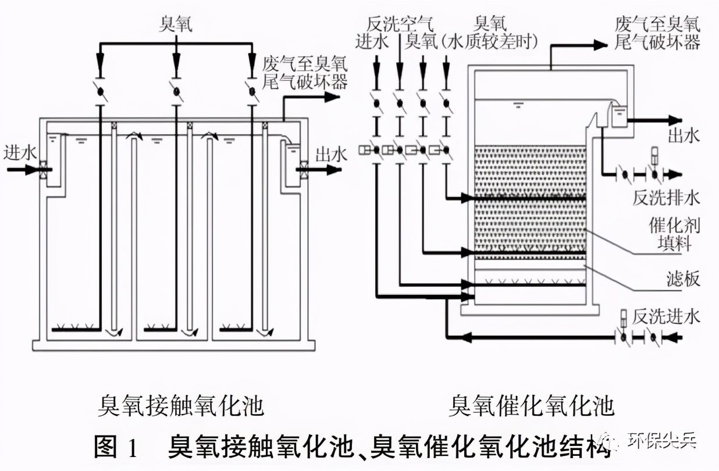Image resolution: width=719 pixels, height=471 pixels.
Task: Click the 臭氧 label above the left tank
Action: [x=176, y=24]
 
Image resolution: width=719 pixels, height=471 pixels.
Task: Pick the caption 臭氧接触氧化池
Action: [x=181, y=405]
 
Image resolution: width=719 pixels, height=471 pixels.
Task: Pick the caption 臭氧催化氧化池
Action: [x=531, y=405]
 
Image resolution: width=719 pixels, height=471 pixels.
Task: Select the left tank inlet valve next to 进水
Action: [x=44, y=170]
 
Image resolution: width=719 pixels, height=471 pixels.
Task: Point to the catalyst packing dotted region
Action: [x=529, y=198]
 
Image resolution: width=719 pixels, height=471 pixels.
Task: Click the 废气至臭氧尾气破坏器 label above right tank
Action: [x=657, y=33]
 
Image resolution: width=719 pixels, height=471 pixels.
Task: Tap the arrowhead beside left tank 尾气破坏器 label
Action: [x=333, y=97]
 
